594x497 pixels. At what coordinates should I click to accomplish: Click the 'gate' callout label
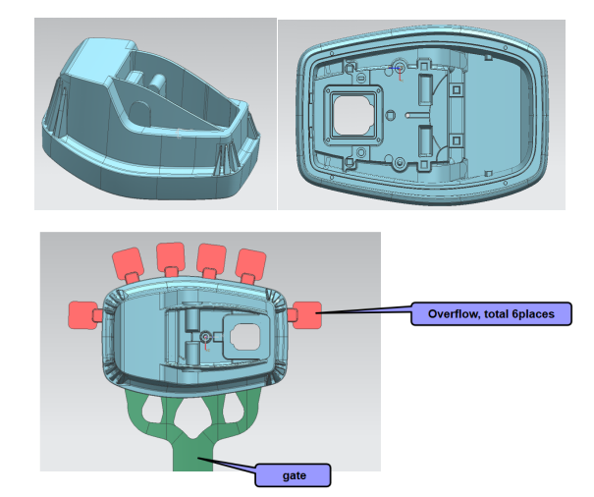click(x=293, y=475)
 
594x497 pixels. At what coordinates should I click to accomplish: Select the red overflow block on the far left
click(x=81, y=314)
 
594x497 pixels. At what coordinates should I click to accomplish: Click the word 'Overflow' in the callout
click(x=450, y=313)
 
